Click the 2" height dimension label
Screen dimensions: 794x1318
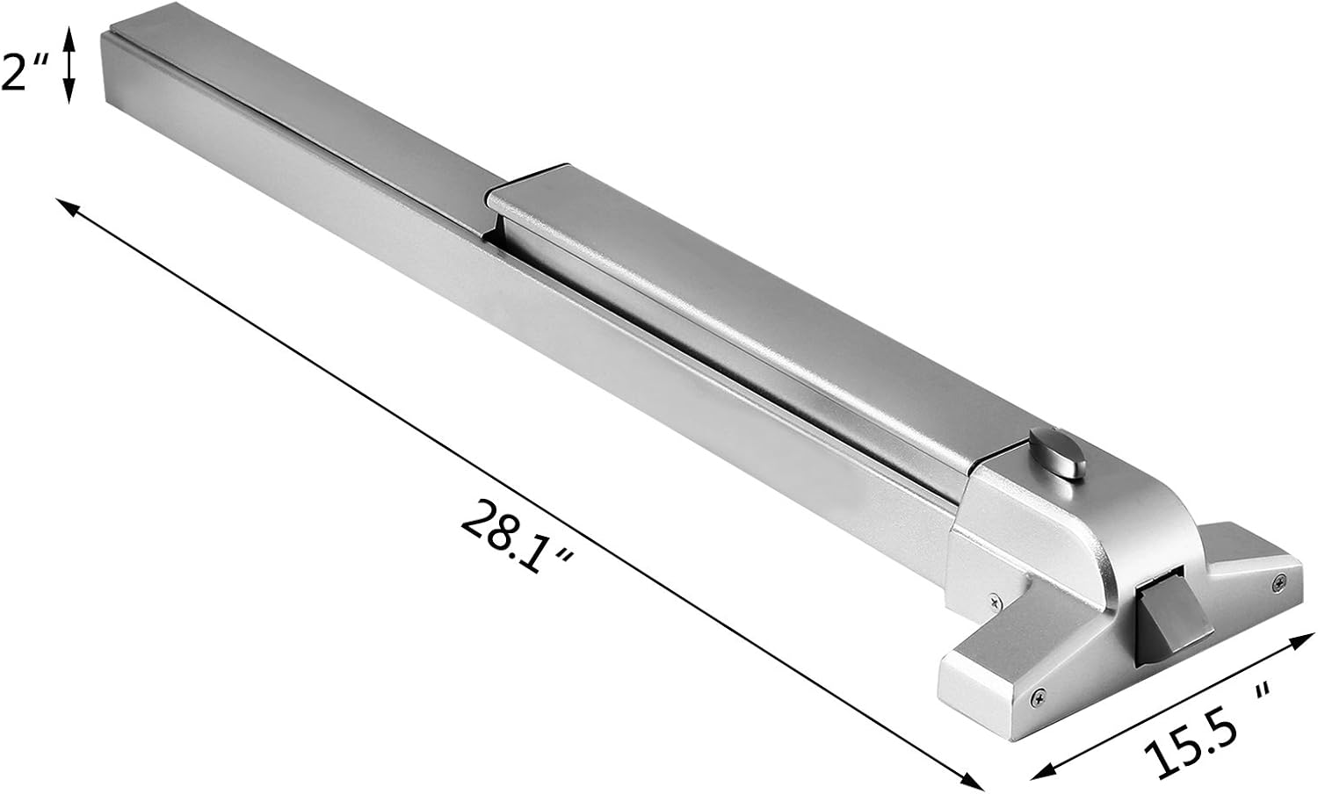(23, 76)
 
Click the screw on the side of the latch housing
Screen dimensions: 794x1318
(993, 602)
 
